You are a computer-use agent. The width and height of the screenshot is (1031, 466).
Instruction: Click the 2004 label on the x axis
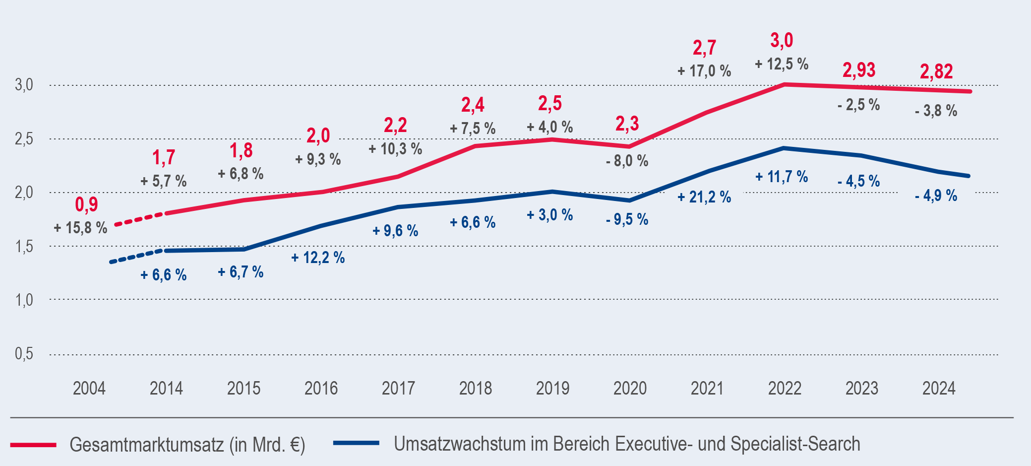[89, 388]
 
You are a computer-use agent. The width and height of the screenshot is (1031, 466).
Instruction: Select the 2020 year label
[630, 388]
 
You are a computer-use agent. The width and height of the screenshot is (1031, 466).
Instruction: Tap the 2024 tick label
[939, 388]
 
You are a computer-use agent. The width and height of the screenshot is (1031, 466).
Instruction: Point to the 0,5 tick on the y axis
[24, 354]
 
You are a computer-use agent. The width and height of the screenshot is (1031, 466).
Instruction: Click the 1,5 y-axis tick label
[24, 246]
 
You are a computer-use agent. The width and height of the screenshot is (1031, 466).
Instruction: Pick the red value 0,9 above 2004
[87, 204]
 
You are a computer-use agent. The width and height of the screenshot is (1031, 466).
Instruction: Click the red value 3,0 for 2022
[782, 40]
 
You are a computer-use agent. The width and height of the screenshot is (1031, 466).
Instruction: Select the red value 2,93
[859, 70]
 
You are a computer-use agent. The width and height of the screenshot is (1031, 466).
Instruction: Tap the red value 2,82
[936, 71]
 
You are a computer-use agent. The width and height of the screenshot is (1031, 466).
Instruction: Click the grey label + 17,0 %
[704, 71]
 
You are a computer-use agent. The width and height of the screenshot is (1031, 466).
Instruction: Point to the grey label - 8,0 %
[627, 161]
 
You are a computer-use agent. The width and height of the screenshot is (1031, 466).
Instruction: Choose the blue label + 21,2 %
[704, 197]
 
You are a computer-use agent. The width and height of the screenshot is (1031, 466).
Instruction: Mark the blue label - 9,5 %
[627, 219]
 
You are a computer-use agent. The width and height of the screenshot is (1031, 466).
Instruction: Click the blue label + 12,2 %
[318, 258]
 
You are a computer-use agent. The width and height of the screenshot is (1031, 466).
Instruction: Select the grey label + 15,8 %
[80, 228]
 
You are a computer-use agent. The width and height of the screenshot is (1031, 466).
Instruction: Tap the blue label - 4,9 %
[936, 196]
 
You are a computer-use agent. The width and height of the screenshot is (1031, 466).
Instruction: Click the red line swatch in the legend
[33, 445]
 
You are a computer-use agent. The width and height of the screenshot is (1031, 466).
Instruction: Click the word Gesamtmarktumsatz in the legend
[147, 445]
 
